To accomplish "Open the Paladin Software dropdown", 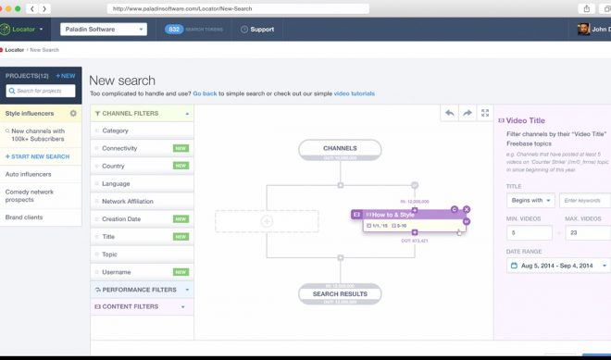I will coord(103,29).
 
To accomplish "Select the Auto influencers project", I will coord(28,174).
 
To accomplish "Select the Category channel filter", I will coord(116,130).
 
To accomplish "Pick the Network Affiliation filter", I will coord(128,201).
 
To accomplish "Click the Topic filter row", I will coord(109,254).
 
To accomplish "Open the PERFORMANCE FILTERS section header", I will coord(139,289).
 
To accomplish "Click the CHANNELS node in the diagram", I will coord(340,148).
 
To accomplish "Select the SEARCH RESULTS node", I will coord(340,294).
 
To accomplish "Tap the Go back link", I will coord(205,93).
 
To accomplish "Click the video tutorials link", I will coord(355,93).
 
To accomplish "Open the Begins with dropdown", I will coord(530,200).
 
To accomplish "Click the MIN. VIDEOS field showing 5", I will coord(529,232).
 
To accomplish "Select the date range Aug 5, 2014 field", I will coord(555,266).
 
